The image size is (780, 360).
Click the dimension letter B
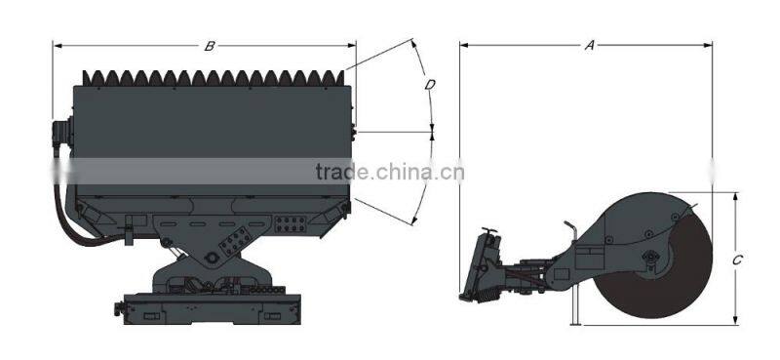210,46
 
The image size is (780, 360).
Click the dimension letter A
590,45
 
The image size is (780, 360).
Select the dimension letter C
738,260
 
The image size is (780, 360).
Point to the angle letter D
430,85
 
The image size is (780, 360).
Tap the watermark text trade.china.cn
389,172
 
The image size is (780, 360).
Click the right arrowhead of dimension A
708,45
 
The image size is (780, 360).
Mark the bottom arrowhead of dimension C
735,321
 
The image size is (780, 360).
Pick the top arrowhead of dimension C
735,198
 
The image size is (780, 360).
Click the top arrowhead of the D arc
413,43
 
